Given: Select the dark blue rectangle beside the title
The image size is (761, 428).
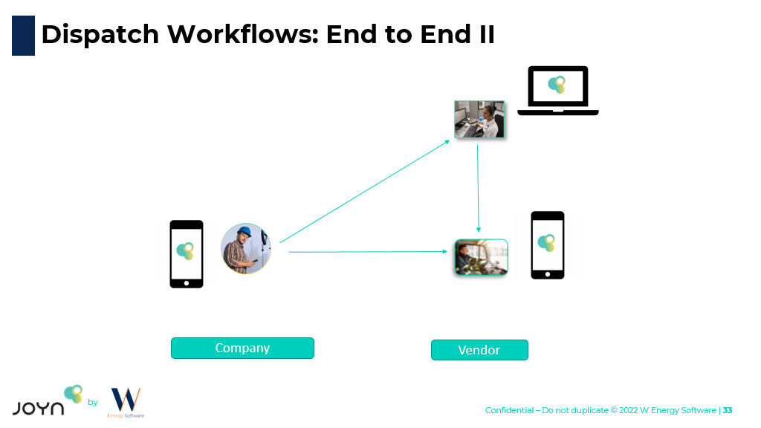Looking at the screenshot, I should pos(23,36).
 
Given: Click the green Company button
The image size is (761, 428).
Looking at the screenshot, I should pos(242,348).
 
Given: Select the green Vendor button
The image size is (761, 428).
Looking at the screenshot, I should pos(479,350).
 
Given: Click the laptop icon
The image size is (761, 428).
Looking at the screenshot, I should pos(557,91).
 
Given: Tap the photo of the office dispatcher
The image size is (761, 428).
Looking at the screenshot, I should pos(479,119).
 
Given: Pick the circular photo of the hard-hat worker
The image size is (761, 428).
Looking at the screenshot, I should pos(246,248).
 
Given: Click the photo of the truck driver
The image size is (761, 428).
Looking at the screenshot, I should pos(481,257).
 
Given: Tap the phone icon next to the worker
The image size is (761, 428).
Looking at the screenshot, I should pos(186,253).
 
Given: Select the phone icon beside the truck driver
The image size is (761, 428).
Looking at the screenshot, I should pos(548,245).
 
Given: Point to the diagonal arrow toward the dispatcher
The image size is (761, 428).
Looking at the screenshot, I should pos(364,190).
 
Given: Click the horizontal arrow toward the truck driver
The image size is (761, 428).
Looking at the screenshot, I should pos(368,252).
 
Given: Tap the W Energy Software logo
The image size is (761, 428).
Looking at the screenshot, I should pos(126,402).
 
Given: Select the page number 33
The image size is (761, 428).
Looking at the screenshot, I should pos(728,410).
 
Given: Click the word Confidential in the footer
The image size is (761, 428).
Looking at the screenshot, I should pos(509,410).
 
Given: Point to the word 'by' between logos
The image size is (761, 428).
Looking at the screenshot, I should pos(93,403).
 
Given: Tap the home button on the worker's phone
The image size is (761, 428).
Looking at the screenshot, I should pos(186,282).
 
